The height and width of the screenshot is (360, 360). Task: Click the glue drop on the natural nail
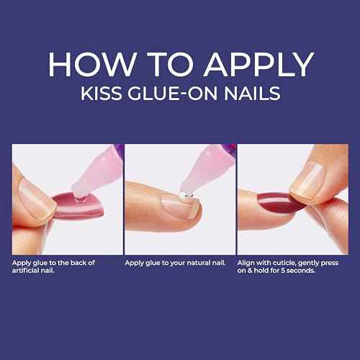pyautogui.click(x=186, y=195)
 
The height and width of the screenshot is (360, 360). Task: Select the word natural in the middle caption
pyautogui.click(x=194, y=262)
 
